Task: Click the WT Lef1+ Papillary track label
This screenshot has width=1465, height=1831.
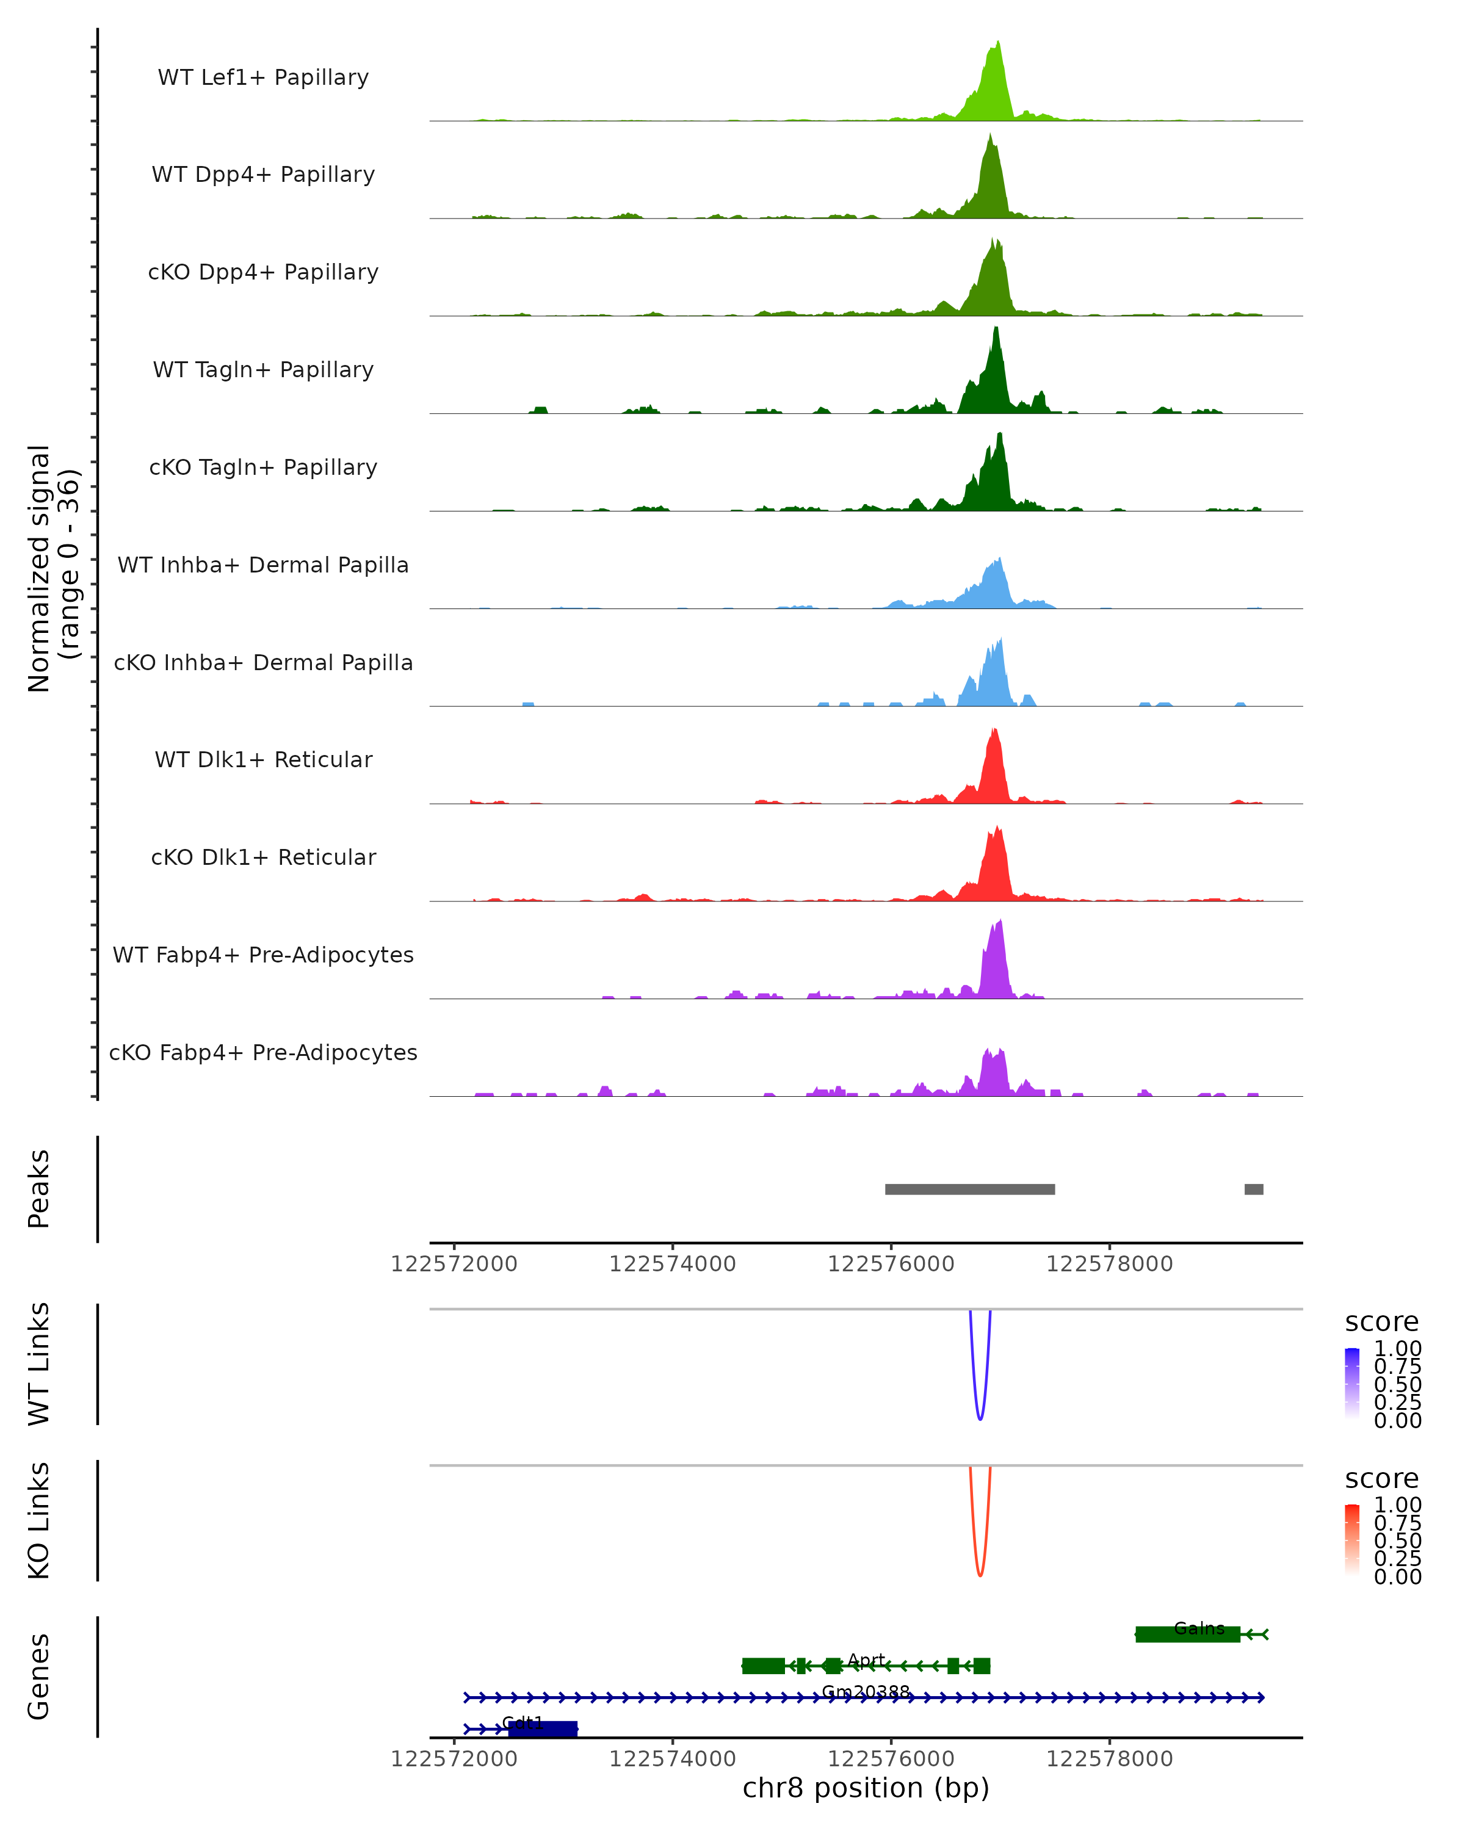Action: point(263,78)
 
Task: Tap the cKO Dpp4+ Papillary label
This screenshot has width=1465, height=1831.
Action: point(263,273)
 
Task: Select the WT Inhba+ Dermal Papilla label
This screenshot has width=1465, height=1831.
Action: point(263,566)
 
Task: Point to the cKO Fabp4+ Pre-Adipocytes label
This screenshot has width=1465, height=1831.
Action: point(263,1053)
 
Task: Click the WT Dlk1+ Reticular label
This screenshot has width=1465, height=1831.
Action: point(263,760)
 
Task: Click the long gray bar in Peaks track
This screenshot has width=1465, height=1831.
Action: point(970,1190)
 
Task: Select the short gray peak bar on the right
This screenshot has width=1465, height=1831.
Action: point(1254,1190)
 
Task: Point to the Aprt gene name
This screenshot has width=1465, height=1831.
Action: point(866,1660)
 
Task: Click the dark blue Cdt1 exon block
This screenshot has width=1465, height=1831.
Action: point(543,1729)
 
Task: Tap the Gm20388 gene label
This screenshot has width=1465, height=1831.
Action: point(866,1692)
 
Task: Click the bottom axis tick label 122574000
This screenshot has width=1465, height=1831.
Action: point(673,1759)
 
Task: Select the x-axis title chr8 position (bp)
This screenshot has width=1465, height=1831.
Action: point(866,1788)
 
